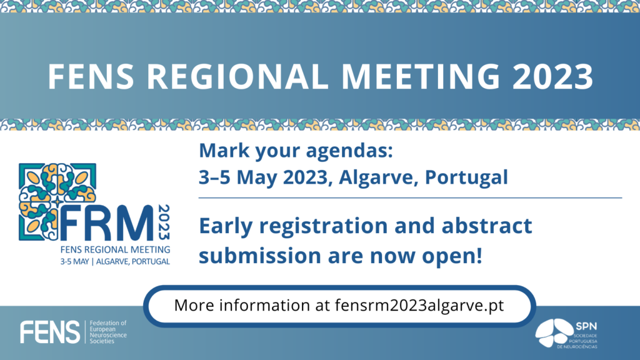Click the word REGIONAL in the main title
(237, 76)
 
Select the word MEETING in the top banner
(421, 76)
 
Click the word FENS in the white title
(91, 76)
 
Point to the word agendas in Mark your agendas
(349, 151)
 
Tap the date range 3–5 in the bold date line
(215, 177)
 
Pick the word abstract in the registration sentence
(487, 226)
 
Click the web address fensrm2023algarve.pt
(419, 306)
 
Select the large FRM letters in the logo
(107, 223)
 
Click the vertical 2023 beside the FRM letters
(164, 222)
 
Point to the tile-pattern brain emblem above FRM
(57, 202)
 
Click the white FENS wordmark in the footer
(50, 332)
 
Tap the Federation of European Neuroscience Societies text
(108, 332)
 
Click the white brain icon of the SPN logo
(554, 333)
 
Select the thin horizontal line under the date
(410, 198)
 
